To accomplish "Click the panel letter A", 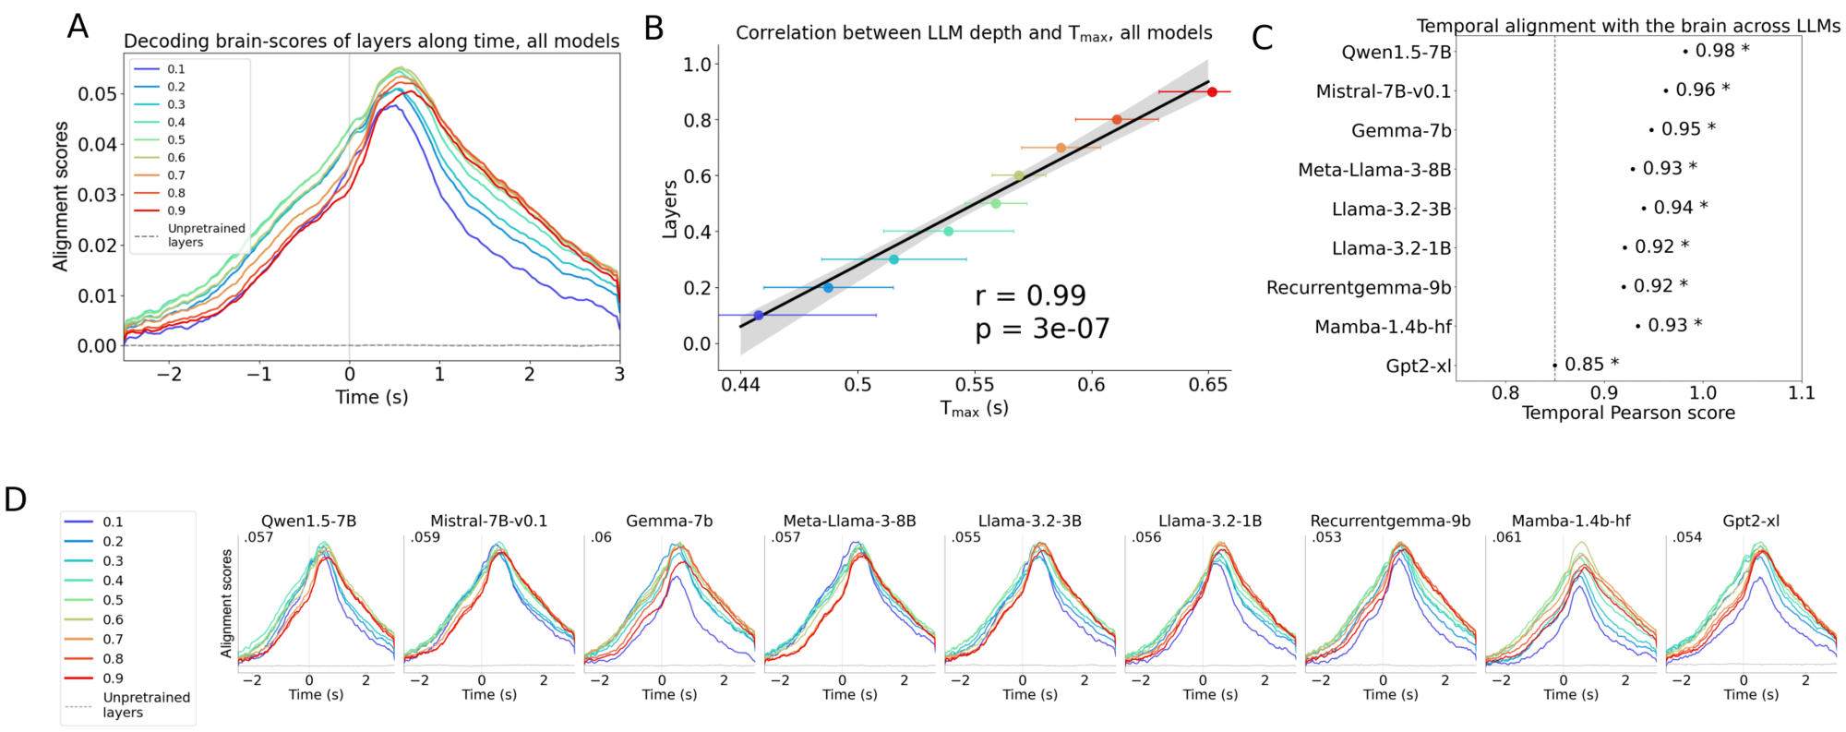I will point(78,27).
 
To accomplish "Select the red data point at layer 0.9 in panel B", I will point(1212,91).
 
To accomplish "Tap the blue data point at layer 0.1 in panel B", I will point(759,316).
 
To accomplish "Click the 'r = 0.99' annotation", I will point(1030,296).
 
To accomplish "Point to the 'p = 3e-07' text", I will point(1042,330).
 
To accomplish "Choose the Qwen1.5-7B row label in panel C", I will point(1396,53).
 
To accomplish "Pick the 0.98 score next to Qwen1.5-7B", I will point(1715,51).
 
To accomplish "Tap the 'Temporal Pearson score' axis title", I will point(1628,413).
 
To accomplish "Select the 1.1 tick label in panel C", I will point(1801,393).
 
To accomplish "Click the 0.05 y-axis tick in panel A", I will point(97,94).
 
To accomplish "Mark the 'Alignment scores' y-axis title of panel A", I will point(61,196).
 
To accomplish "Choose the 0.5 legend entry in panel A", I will point(175,140).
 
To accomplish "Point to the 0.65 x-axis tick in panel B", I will point(1208,385).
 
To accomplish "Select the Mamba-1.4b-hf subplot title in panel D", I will point(1571,522).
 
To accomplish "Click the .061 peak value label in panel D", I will point(1507,537).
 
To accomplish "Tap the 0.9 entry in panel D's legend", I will point(113,678).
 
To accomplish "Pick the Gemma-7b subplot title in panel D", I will point(669,522).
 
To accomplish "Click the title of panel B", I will point(974,33).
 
